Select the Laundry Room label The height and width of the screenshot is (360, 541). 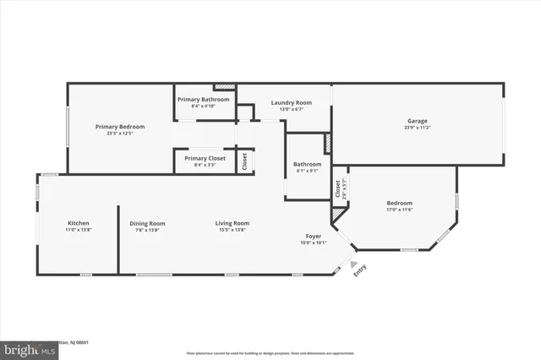point(291,103)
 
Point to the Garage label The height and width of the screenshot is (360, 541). point(418,121)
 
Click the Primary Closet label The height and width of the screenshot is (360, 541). point(205,158)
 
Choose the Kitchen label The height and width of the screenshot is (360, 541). point(78,224)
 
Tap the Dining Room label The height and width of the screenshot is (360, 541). point(147,224)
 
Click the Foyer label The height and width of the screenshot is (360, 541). point(314,236)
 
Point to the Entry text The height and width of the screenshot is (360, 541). point(360,270)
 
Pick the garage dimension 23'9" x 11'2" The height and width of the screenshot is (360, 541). point(418,128)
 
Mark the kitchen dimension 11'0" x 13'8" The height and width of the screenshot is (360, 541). point(78,231)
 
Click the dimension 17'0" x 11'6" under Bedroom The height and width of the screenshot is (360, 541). point(399,210)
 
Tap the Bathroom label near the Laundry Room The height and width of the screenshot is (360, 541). point(307,164)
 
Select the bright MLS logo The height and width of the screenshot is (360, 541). point(25,347)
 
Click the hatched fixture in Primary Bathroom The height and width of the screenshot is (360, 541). point(224,86)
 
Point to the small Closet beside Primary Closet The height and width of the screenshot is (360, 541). point(244,161)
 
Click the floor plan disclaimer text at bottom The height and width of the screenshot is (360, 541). point(270,352)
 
